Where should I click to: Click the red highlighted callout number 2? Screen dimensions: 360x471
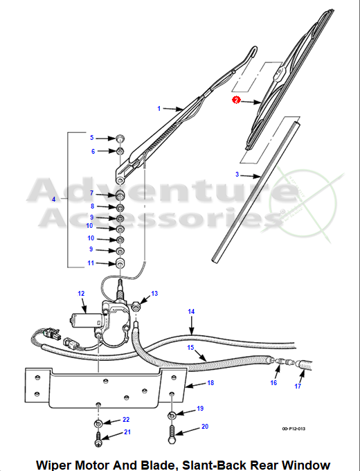click(x=236, y=100)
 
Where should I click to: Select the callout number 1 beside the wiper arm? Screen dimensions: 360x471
click(x=159, y=109)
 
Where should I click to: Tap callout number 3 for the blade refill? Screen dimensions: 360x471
click(x=237, y=175)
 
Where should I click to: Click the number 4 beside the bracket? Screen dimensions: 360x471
click(x=54, y=199)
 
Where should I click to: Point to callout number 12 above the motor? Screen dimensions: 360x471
click(x=81, y=294)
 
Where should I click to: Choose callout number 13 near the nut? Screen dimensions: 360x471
click(x=154, y=294)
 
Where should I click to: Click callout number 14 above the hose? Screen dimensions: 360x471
click(x=191, y=312)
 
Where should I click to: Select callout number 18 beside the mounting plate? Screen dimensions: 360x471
click(x=210, y=382)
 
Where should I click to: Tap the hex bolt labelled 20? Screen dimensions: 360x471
click(x=172, y=434)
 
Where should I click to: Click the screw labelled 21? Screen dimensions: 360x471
click(x=98, y=439)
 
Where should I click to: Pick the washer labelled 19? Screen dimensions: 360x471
click(x=172, y=416)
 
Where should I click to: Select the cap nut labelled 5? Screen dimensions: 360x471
click(x=120, y=139)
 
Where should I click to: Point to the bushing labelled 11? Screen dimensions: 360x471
click(x=120, y=263)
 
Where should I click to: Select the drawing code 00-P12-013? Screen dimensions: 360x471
click(x=294, y=429)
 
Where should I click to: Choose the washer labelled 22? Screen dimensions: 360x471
click(x=98, y=423)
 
